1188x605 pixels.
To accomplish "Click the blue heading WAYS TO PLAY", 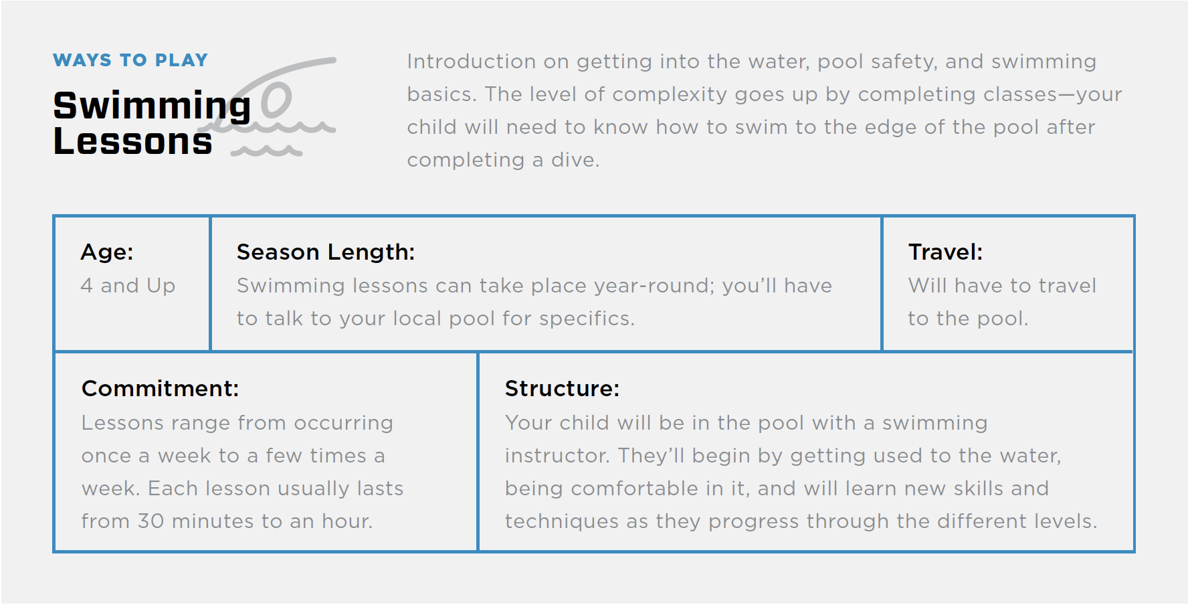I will (130, 60).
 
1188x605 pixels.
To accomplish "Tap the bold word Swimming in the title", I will (152, 106).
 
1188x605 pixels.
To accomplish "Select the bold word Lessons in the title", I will (132, 142).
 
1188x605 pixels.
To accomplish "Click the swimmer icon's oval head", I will (276, 100).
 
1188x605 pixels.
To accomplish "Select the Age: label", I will (107, 252).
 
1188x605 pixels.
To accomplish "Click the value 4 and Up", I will (128, 286).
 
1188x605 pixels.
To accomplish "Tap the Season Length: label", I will (326, 252).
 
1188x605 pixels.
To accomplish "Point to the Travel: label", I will (945, 252).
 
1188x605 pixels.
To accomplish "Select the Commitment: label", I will (160, 389).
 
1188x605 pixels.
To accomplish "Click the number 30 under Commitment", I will (151, 521).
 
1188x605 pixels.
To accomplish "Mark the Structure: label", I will (562, 389).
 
